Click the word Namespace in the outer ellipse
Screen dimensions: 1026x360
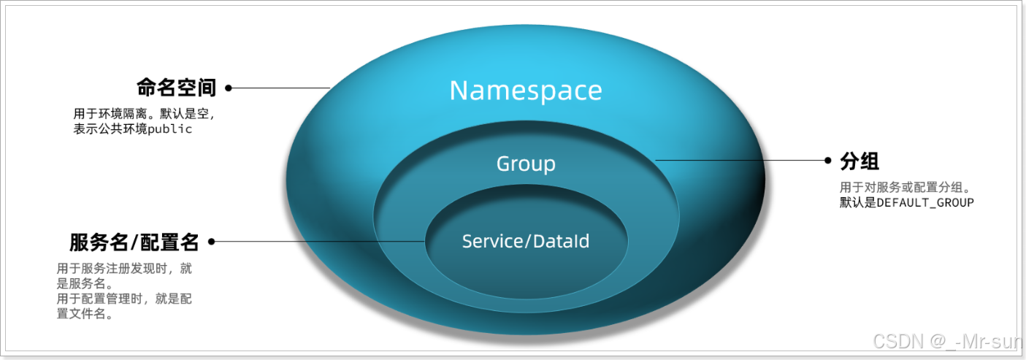click(x=526, y=91)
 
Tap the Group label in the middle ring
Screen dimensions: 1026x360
click(x=526, y=164)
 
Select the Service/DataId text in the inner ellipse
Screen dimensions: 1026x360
click(x=526, y=241)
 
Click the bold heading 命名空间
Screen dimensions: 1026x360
click(x=177, y=88)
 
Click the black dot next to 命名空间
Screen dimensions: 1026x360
click(x=229, y=88)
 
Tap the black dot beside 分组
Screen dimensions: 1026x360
click(x=827, y=160)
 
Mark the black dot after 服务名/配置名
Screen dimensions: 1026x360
click(x=213, y=242)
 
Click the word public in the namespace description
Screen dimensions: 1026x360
click(x=170, y=129)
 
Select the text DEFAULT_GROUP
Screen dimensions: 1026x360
click(x=925, y=202)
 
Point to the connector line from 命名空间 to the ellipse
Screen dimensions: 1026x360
click(x=281, y=88)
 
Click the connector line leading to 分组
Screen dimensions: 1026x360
click(x=738, y=160)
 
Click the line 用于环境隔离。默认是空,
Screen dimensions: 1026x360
click(x=144, y=114)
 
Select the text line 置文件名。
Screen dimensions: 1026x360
click(x=85, y=315)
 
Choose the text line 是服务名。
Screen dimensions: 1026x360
click(x=85, y=283)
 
